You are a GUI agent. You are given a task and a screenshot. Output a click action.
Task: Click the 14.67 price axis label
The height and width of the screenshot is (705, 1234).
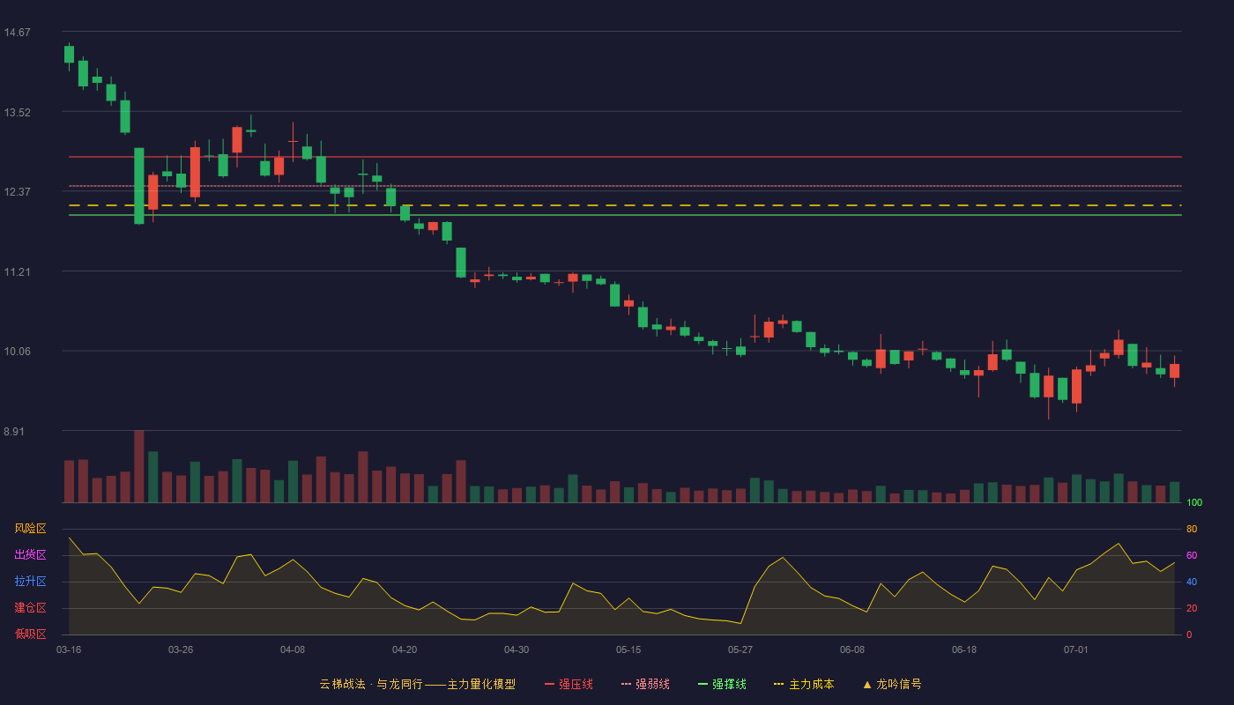(17, 33)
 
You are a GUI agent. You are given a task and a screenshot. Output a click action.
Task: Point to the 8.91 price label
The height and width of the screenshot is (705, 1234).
(14, 431)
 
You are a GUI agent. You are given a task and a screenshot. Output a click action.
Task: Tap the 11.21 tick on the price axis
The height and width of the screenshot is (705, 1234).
(17, 272)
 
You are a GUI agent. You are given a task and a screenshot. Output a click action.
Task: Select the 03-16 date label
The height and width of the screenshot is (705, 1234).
(69, 650)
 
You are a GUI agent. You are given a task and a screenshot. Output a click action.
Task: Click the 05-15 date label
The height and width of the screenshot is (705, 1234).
(628, 650)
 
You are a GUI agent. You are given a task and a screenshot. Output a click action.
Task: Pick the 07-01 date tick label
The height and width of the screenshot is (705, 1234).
(1076, 650)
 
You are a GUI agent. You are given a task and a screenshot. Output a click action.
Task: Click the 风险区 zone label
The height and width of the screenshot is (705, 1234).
(30, 529)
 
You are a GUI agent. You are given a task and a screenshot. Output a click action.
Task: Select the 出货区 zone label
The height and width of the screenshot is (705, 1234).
(30, 554)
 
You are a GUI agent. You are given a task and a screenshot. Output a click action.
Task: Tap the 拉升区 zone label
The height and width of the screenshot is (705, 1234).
(30, 581)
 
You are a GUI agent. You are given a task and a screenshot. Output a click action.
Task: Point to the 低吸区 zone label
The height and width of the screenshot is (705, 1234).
(30, 634)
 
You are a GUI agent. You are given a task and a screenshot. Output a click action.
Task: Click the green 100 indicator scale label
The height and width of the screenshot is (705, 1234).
(1194, 502)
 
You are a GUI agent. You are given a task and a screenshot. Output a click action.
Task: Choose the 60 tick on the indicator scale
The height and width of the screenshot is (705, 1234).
(1192, 555)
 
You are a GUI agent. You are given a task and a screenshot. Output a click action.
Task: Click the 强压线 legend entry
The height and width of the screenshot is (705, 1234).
(569, 684)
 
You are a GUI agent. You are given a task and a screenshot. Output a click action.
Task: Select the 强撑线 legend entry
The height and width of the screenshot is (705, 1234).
(722, 684)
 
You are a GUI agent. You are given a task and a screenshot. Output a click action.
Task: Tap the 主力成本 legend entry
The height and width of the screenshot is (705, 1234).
(804, 684)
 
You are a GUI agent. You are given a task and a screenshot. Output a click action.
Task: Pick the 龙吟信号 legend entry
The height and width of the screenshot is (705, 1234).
(892, 684)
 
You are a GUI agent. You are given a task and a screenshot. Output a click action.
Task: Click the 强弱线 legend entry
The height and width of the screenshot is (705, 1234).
(645, 684)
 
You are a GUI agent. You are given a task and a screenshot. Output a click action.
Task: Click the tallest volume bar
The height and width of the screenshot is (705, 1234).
(139, 466)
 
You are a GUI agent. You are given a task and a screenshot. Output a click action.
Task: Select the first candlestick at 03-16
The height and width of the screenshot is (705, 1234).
(69, 55)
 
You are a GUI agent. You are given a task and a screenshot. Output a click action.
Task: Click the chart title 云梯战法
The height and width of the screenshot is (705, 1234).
(343, 684)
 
